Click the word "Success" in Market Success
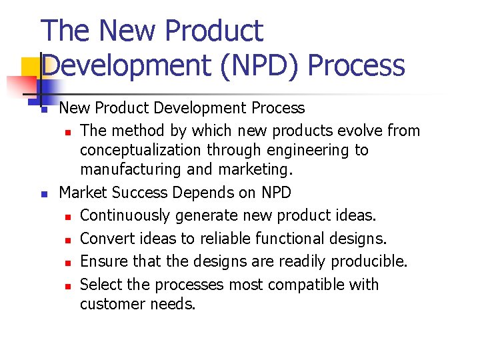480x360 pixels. point(140,193)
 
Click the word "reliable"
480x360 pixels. point(217,239)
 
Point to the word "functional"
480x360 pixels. point(285,239)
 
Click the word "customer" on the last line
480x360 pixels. point(111,304)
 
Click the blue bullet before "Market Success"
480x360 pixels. point(43,195)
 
